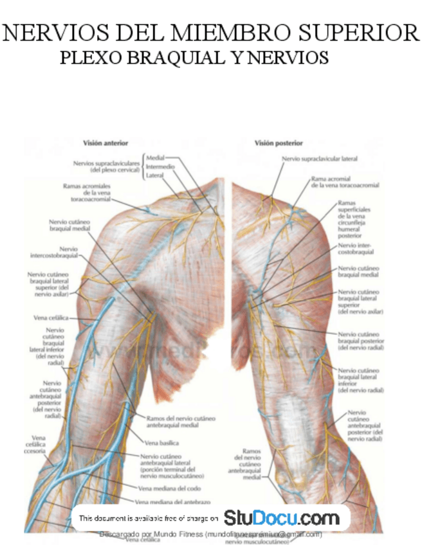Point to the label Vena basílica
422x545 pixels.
pos(161,443)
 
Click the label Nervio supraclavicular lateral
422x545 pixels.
pos(319,158)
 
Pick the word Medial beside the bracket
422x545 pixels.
pos(156,157)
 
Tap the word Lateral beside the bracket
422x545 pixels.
pos(155,175)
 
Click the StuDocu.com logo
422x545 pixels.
pos(281,517)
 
